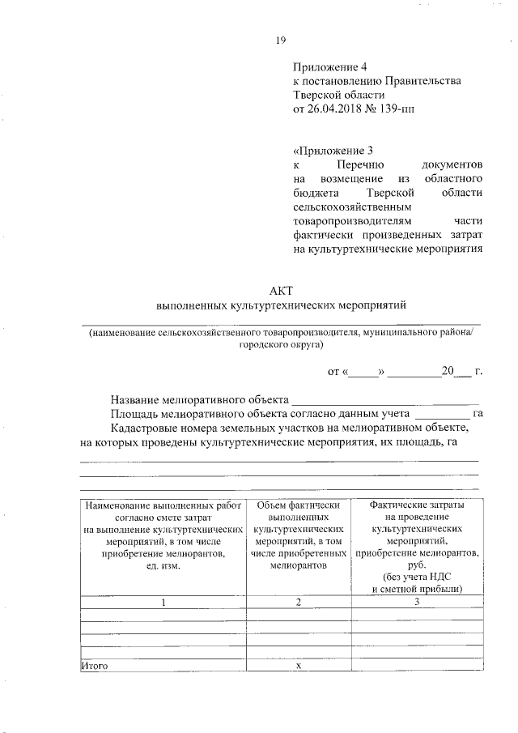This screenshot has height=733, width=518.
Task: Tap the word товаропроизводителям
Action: [x=352, y=220]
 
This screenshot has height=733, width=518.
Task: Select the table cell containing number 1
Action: [x=163, y=602]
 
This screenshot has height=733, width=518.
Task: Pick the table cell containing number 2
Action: [x=298, y=602]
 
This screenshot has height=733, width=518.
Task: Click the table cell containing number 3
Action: [x=416, y=602]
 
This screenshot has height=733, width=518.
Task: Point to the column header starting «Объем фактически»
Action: [x=298, y=535]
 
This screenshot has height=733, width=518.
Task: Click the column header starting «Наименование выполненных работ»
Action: [x=163, y=535]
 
